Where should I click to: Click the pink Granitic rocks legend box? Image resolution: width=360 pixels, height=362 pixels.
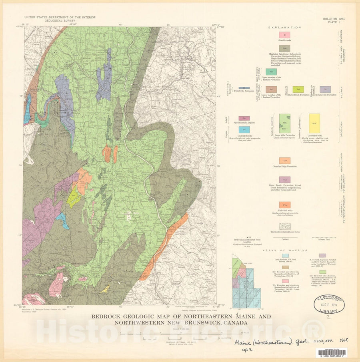pyautogui.click(x=284, y=36)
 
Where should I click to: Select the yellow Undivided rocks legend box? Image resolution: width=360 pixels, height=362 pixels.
pyautogui.click(x=314, y=123)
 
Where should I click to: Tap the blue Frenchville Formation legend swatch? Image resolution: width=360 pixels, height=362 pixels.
pyautogui.click(x=241, y=88)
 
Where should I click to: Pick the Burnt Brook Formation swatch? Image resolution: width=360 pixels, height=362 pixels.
pyautogui.click(x=298, y=90)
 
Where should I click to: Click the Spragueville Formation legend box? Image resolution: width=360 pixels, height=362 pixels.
pyautogui.click(x=325, y=90)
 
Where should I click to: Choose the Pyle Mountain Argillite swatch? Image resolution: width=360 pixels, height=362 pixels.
pyautogui.click(x=244, y=118)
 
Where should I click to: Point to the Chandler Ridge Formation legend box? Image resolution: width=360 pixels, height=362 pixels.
pyautogui.click(x=284, y=161)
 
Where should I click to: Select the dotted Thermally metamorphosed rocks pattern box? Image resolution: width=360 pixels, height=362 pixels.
pyautogui.click(x=284, y=226)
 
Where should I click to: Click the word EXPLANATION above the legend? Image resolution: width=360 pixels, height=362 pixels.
pyautogui.click(x=284, y=28)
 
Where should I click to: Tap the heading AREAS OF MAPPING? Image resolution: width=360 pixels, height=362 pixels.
pyautogui.click(x=284, y=250)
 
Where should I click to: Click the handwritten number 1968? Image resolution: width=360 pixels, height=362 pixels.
pyautogui.click(x=341, y=339)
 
